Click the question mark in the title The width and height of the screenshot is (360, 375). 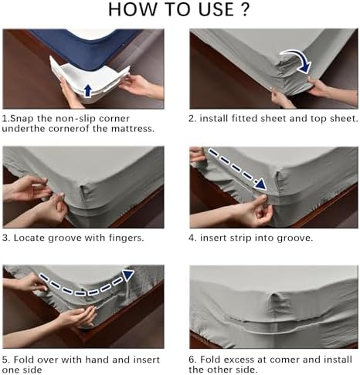(x=245, y=9)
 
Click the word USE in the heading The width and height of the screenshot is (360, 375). (x=216, y=9)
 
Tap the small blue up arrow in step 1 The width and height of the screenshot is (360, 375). (x=88, y=91)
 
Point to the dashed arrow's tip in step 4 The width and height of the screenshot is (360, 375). (x=266, y=189)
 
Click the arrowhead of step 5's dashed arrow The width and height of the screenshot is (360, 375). (x=128, y=275)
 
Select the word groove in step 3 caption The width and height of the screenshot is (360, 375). (x=65, y=238)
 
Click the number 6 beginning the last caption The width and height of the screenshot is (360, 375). (x=192, y=360)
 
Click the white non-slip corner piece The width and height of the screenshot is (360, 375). (x=90, y=79)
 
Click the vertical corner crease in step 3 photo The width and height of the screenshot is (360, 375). (x=82, y=196)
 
